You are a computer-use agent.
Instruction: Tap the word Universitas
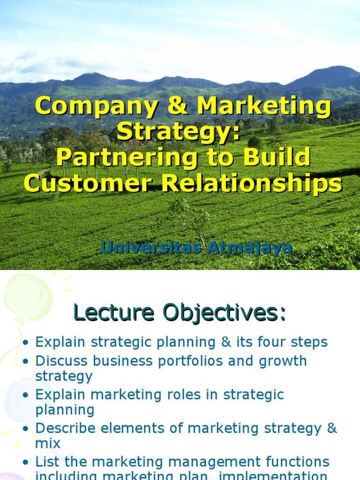[x=150, y=247]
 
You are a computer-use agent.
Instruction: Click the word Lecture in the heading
[x=113, y=313]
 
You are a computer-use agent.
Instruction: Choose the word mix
[x=48, y=443]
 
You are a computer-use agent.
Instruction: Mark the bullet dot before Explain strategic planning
[x=26, y=343]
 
